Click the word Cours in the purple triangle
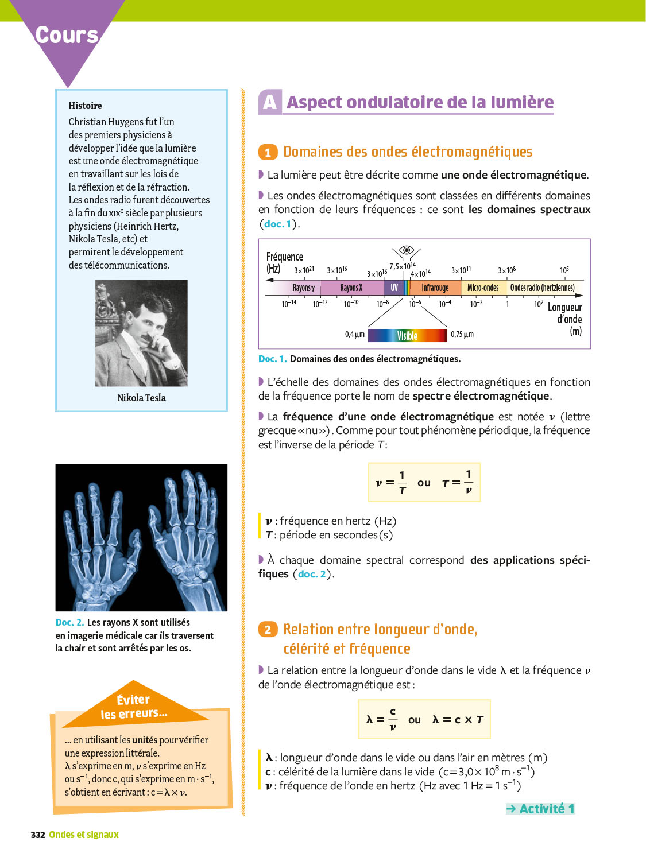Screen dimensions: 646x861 point(67,35)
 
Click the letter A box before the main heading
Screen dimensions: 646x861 point(270,102)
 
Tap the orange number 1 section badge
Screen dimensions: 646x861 point(268,152)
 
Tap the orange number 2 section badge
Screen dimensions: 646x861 point(268,630)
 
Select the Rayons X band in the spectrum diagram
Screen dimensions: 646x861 point(352,288)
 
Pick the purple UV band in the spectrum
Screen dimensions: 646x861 point(394,288)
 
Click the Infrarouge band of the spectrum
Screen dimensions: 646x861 point(435,288)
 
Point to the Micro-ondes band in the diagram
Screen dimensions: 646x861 point(483,288)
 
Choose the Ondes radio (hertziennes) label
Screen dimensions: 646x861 point(543,288)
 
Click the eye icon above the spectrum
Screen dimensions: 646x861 point(407,250)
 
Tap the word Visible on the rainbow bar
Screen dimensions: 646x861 point(407,335)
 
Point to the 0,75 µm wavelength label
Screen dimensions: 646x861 point(462,334)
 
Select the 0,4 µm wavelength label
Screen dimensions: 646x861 point(355,334)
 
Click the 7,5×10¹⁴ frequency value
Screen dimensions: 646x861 point(403,266)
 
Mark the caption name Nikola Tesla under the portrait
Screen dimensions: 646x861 point(142,398)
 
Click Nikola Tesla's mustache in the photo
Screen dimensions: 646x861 point(146,338)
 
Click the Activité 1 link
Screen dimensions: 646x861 point(540,808)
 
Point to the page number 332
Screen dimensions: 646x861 point(38,835)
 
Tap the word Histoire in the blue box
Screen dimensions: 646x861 point(85,106)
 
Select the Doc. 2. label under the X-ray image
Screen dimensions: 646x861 point(70,623)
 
